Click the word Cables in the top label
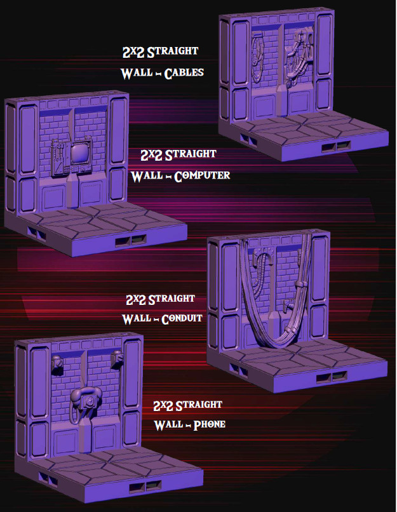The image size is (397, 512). click(184, 73)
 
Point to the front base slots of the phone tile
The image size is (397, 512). click(140, 487)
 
